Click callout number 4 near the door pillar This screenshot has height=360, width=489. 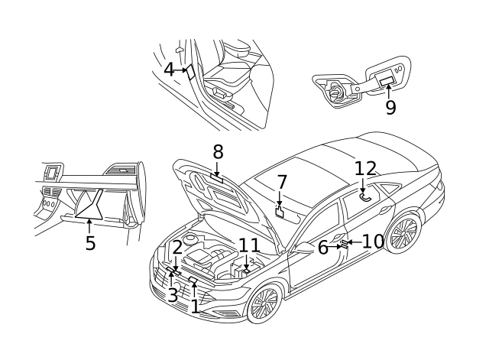pos(169,70)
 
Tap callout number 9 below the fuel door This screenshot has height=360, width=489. pos(390,107)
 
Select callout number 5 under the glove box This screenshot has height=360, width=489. pos(90,243)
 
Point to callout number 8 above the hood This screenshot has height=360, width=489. pos(218,151)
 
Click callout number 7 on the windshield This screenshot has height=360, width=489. pos(281,183)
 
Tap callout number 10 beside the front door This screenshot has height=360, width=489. pos(373,242)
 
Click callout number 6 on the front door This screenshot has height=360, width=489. pos(323,247)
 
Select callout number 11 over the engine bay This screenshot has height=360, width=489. pos(249,245)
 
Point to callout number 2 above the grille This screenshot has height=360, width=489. pos(176,247)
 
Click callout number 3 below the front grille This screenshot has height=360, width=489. pos(173,294)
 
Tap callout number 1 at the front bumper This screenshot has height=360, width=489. pos(195,306)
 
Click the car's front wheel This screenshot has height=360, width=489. pos(264,304)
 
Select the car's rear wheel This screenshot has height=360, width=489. pos(403,233)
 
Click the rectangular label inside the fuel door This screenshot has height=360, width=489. pos(387,80)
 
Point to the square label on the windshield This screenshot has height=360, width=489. pos(280,212)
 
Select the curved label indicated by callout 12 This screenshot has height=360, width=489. pos(365,196)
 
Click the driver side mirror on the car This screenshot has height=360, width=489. pos(305,248)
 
